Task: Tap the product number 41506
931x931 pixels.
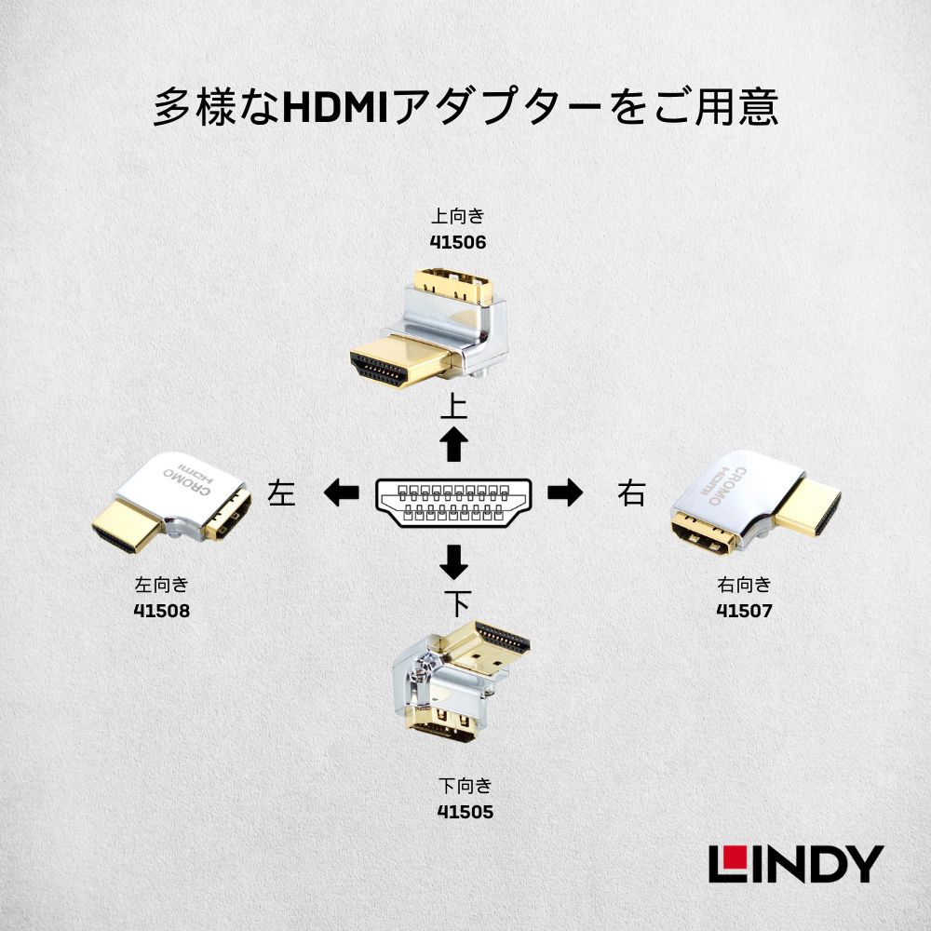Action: click(x=459, y=243)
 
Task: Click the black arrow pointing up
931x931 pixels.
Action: click(x=454, y=445)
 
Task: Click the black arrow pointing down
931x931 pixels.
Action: click(x=454, y=560)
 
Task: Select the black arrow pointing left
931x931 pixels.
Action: click(x=342, y=492)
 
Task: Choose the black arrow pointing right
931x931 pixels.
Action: click(x=564, y=492)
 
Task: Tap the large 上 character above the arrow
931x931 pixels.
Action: click(x=453, y=408)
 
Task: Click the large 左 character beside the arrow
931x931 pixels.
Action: click(x=281, y=492)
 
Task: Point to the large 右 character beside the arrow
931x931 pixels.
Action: click(x=630, y=492)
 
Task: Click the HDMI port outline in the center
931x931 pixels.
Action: click(x=453, y=503)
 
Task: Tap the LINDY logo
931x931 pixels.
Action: click(x=795, y=863)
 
